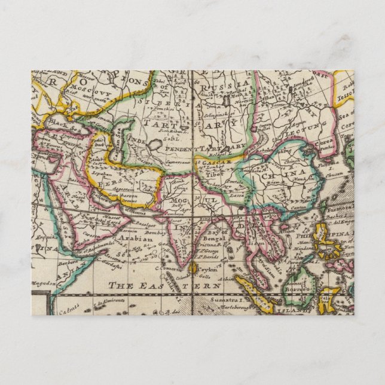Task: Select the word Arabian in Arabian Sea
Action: pyautogui.click(x=138, y=238)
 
